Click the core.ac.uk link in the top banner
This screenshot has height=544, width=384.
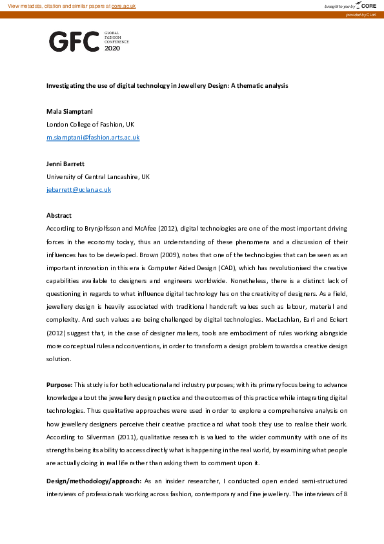(x=124, y=5)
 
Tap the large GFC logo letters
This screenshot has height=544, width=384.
(x=74, y=41)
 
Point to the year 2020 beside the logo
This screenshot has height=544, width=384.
(x=112, y=48)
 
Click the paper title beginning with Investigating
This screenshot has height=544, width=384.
(x=167, y=85)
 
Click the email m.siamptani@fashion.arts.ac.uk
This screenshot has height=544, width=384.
(x=93, y=138)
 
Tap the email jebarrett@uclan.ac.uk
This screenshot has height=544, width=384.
(x=79, y=189)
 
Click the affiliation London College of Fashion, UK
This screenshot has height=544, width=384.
(x=90, y=124)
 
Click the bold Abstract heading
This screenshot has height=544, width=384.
(x=59, y=215)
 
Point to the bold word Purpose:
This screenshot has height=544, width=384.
(x=59, y=384)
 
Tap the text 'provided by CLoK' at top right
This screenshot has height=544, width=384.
(x=365, y=14)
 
